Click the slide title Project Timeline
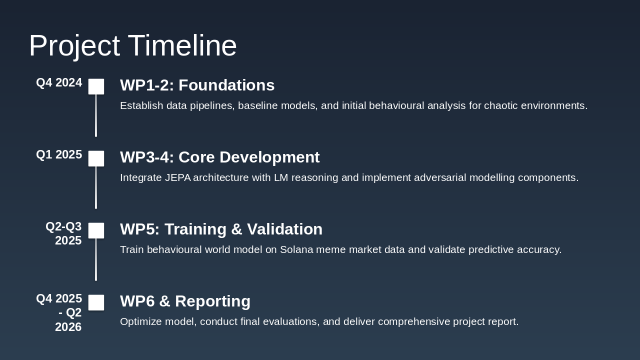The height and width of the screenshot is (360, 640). pos(133,45)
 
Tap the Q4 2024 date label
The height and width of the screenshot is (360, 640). pos(59,82)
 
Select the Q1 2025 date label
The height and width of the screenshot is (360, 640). pos(59,154)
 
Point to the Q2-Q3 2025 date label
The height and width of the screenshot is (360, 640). pos(63,233)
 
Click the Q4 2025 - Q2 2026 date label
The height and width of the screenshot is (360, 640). pos(59,312)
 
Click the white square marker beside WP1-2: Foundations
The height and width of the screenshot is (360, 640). pos(96,86)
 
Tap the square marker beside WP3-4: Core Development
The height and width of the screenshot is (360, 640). pos(96,158)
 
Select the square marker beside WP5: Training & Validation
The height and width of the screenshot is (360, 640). pos(96,230)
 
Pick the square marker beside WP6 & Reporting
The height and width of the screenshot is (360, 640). pos(96,302)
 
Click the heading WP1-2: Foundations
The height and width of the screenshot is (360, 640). pos(197,85)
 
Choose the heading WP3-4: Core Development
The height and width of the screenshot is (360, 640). pos(219,157)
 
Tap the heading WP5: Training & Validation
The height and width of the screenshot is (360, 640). pos(221,229)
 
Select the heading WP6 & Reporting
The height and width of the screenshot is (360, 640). pos(185,301)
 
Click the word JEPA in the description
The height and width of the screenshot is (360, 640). pos(177,177)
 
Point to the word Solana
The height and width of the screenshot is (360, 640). pos(296,249)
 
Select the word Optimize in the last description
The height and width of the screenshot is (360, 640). pos(141,321)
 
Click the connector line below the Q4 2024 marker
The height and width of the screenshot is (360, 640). pos(96,115)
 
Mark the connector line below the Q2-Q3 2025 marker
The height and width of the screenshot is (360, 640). pos(96,259)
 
